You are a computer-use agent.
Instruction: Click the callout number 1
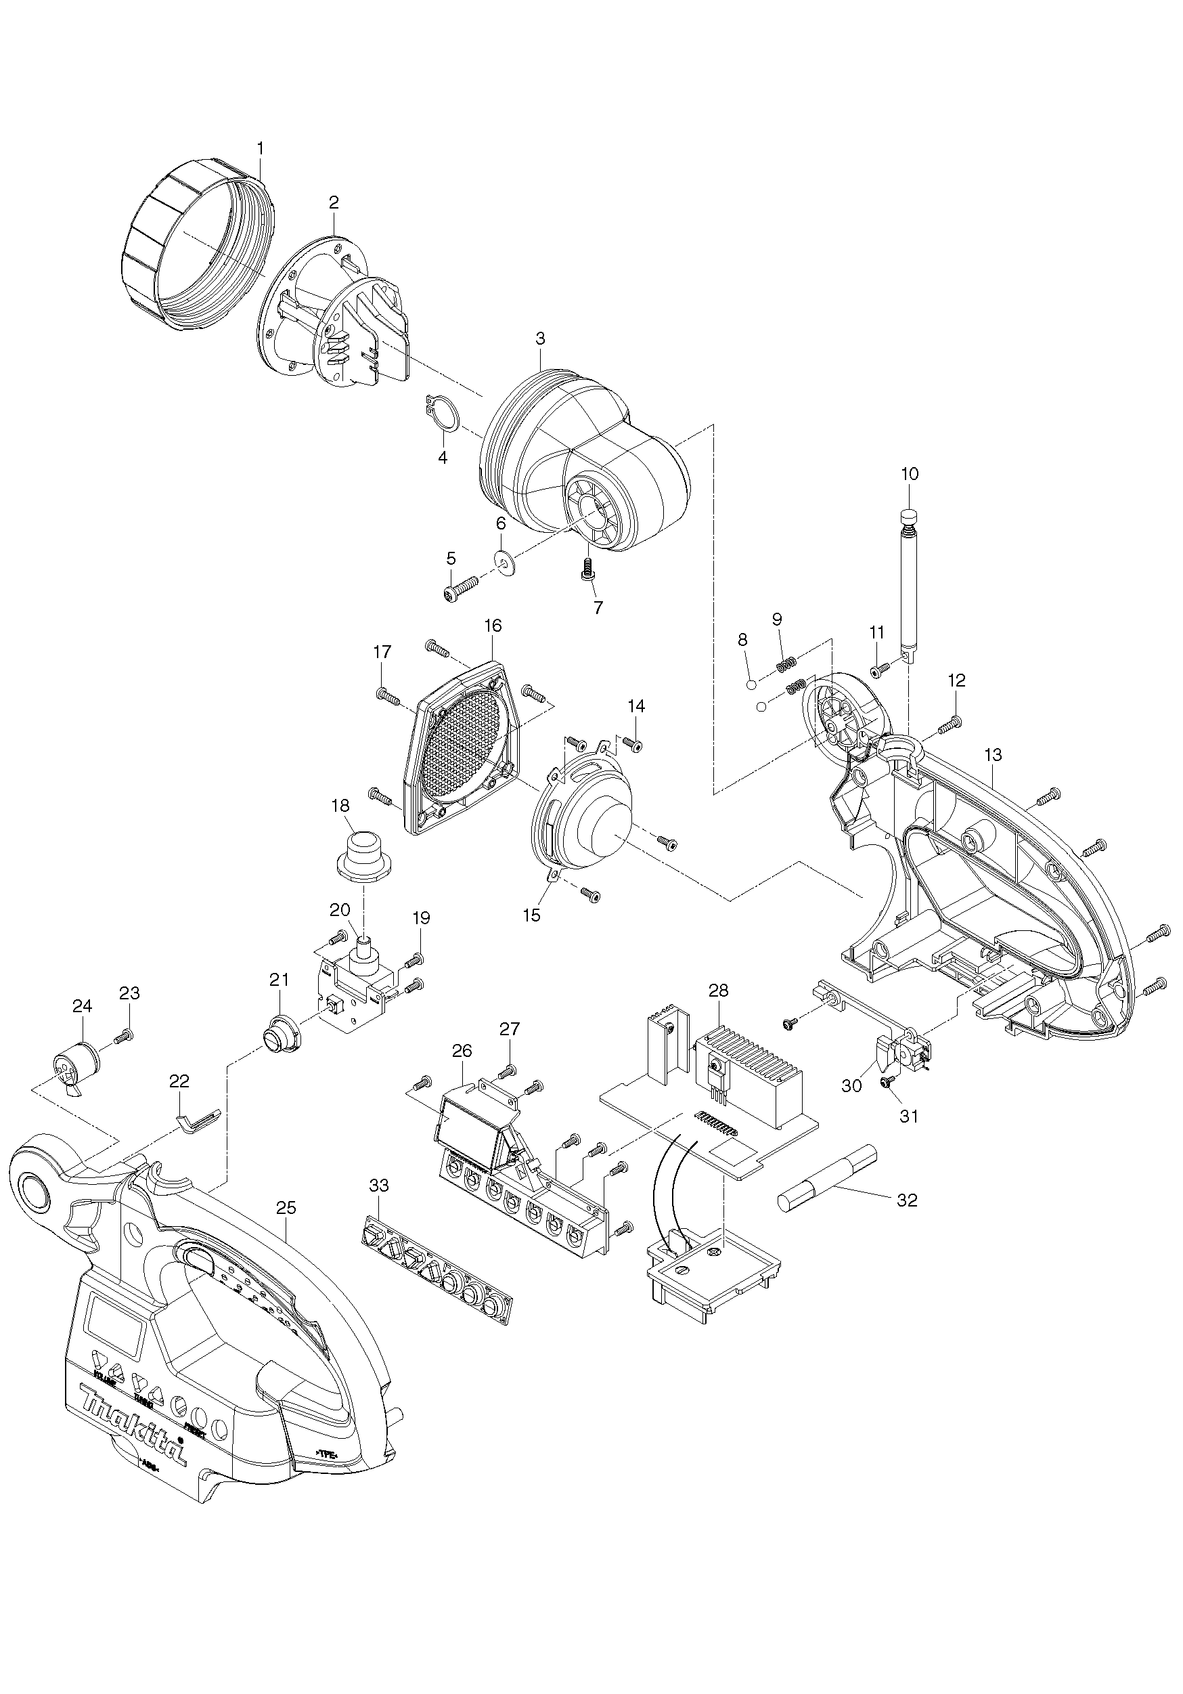tap(260, 148)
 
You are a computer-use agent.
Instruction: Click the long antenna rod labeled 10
tap(910, 583)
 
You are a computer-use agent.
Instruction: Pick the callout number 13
tap(993, 755)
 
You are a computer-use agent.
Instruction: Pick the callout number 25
tap(286, 1208)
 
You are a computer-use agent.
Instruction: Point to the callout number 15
tap(531, 915)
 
